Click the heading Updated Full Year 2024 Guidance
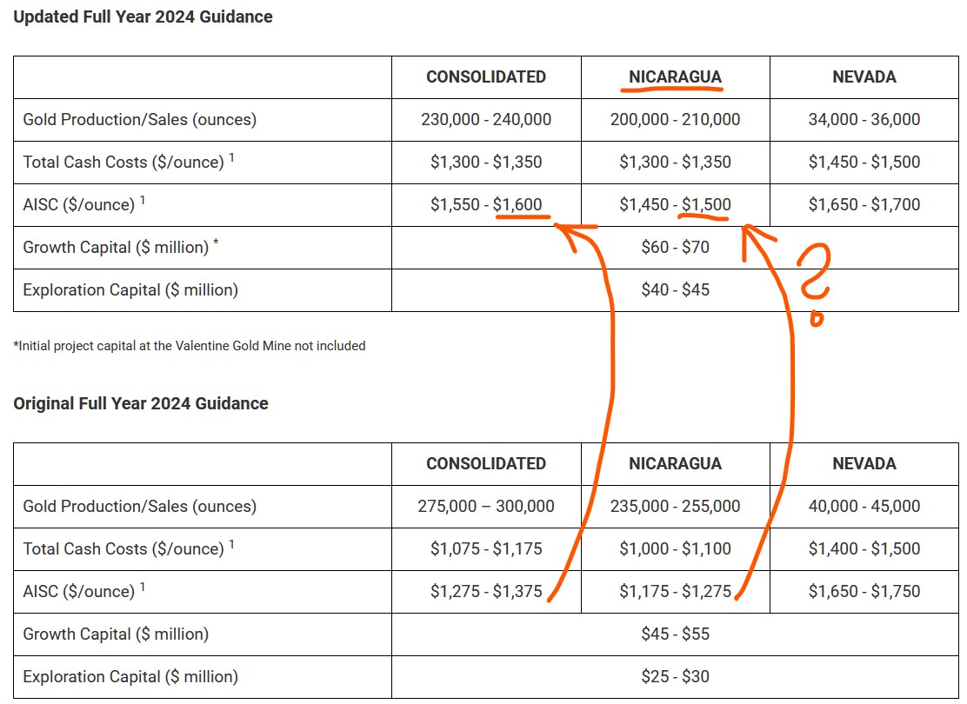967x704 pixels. pyautogui.click(x=143, y=17)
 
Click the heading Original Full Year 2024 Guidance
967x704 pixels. pyautogui.click(x=141, y=403)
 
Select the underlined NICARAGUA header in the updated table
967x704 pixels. pyautogui.click(x=675, y=77)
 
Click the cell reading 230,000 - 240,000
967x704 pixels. pyautogui.click(x=486, y=119)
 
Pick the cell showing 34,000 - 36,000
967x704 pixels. pyautogui.click(x=864, y=119)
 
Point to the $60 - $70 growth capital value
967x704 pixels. pyautogui.click(x=675, y=247)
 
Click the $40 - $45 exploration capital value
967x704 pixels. pyautogui.click(x=675, y=289)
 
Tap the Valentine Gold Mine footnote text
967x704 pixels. pyautogui.click(x=190, y=346)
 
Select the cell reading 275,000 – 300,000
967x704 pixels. pyautogui.click(x=486, y=506)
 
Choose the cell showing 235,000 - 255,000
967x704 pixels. pyautogui.click(x=675, y=506)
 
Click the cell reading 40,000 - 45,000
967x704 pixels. pyautogui.click(x=864, y=506)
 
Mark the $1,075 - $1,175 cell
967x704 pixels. pyautogui.click(x=486, y=548)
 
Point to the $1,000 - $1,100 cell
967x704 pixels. pyautogui.click(x=675, y=548)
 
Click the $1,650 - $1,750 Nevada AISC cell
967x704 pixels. pyautogui.click(x=864, y=591)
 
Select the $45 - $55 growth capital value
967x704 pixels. pyautogui.click(x=675, y=634)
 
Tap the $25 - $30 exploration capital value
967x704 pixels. pyautogui.click(x=675, y=676)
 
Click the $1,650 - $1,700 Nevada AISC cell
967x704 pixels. pyautogui.click(x=864, y=204)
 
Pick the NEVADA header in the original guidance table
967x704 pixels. pyautogui.click(x=864, y=463)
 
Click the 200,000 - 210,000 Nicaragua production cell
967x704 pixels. pyautogui.click(x=675, y=119)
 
